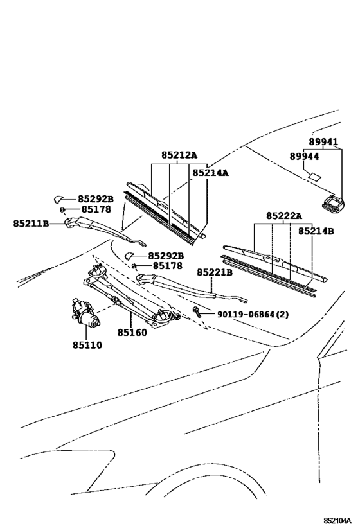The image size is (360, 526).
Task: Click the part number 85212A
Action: coord(179,155)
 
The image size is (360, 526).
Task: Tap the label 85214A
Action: coord(210,173)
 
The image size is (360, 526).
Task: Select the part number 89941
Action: coord(323,142)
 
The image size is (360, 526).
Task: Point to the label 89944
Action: coord(305,157)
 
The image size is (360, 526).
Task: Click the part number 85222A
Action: coord(284,216)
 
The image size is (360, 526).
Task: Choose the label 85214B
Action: coord(316,231)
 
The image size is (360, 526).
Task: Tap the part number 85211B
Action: coord(32,223)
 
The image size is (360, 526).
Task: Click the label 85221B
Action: coord(215,272)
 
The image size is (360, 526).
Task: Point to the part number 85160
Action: coord(132,333)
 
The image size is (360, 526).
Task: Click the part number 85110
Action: coord(87,345)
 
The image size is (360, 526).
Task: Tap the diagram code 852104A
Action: coord(337,520)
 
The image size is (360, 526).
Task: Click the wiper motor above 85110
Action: coord(84,313)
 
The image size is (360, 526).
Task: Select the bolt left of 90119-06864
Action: coord(197,311)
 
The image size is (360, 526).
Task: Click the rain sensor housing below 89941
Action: coord(333,202)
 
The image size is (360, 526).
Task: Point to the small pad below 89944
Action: coord(314,176)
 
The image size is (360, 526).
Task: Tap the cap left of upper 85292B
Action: coord(58,199)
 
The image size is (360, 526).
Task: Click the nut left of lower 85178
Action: coord(134,266)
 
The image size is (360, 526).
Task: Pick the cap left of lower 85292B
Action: coord(129,256)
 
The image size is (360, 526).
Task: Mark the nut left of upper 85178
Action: coord(62,210)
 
